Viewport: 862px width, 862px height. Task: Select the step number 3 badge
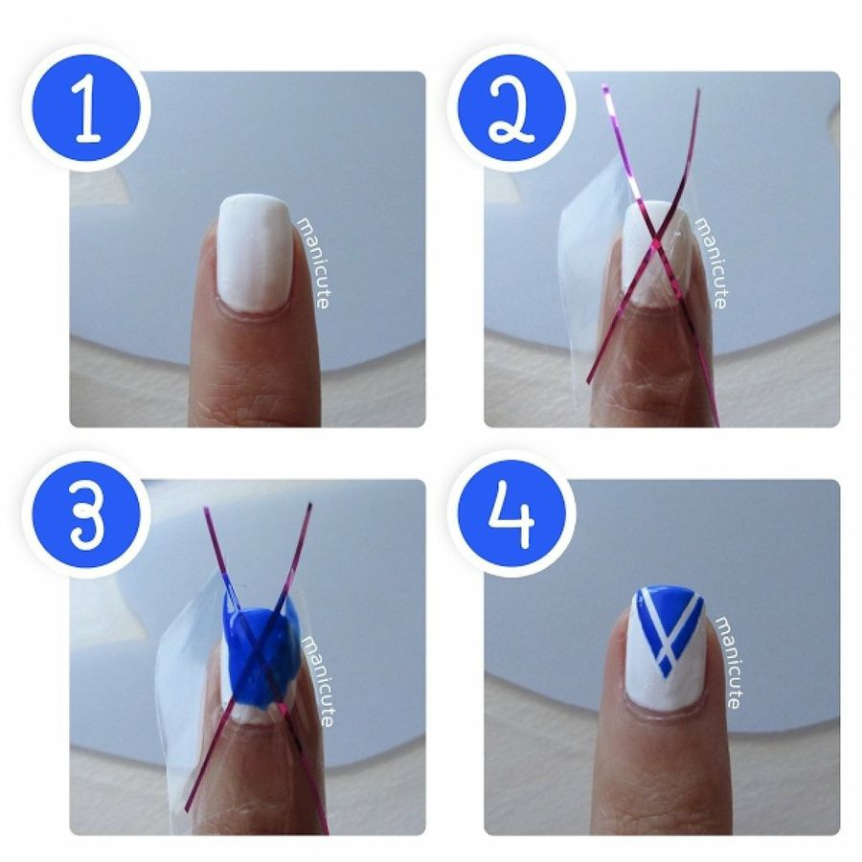pos(85,517)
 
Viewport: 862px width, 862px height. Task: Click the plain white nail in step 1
pos(254,252)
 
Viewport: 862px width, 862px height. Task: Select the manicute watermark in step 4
pos(727,661)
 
